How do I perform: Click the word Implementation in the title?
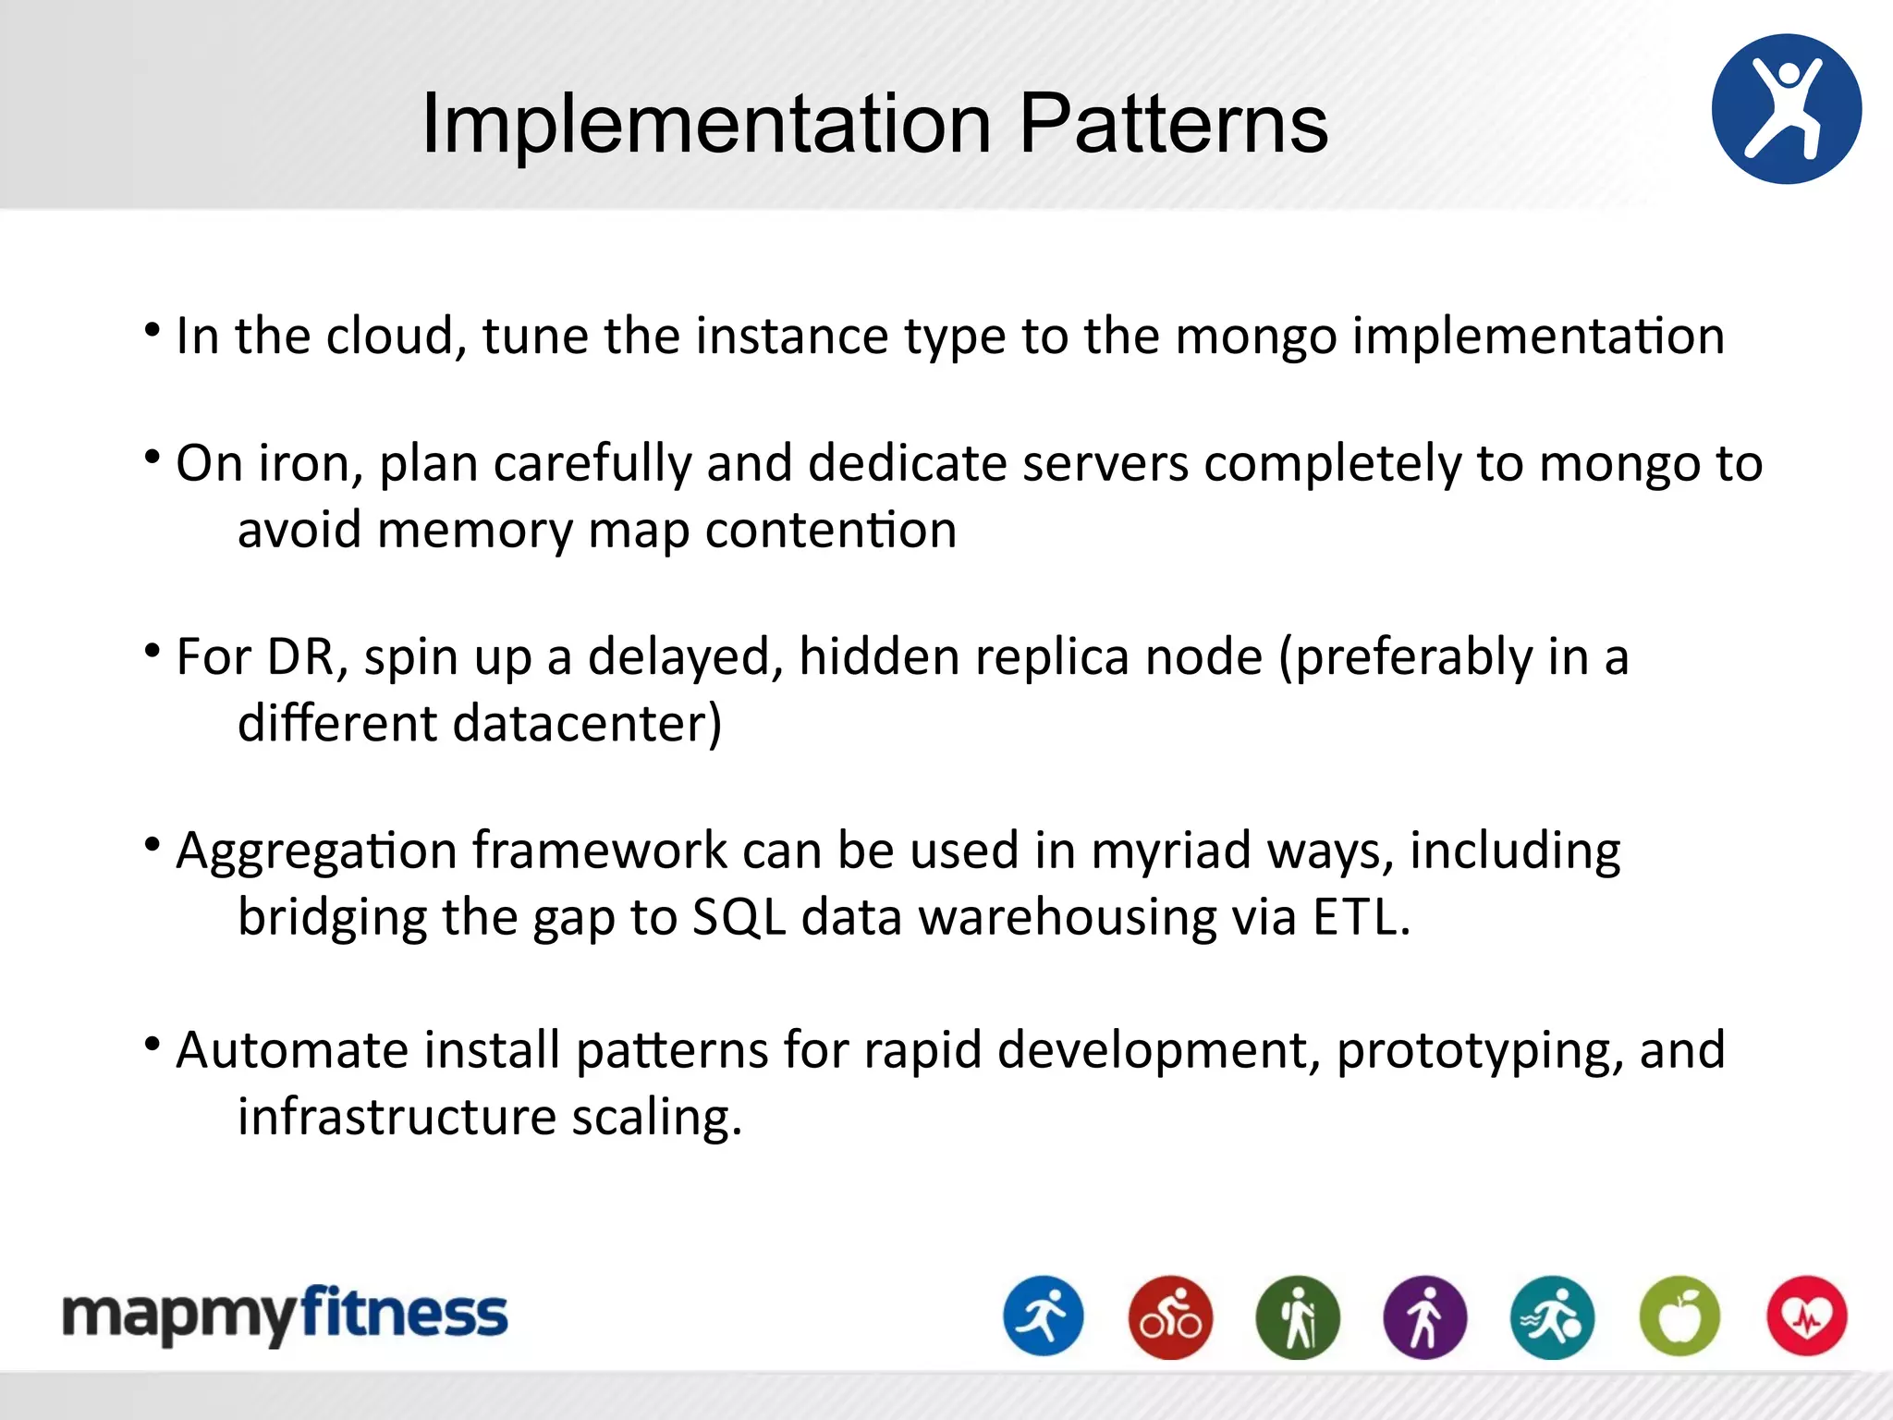706,124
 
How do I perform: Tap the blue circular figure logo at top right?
1786,109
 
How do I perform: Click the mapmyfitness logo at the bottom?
285,1314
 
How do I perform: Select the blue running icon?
1044,1316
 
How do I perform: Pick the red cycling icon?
1170,1316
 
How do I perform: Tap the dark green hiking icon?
1298,1316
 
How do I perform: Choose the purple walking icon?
1424,1316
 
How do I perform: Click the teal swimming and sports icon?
1552,1316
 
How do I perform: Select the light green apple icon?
1679,1316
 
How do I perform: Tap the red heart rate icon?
1806,1316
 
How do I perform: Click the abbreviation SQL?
739,918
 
